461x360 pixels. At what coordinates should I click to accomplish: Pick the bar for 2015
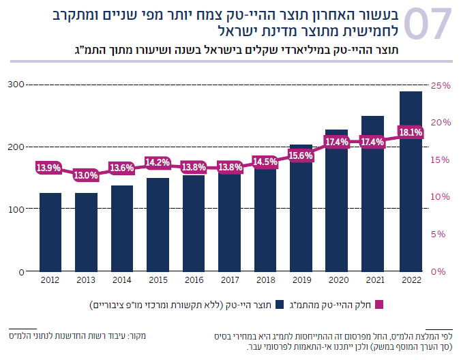(x=158, y=224)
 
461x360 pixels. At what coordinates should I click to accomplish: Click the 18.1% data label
(x=411, y=132)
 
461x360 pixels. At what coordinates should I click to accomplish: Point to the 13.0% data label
(x=86, y=175)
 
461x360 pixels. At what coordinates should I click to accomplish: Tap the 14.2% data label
(x=158, y=162)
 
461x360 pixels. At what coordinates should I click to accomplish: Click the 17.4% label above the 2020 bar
(x=337, y=142)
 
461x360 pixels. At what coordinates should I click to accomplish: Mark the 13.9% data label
(x=49, y=168)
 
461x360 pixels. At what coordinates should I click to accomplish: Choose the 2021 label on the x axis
(x=373, y=280)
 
